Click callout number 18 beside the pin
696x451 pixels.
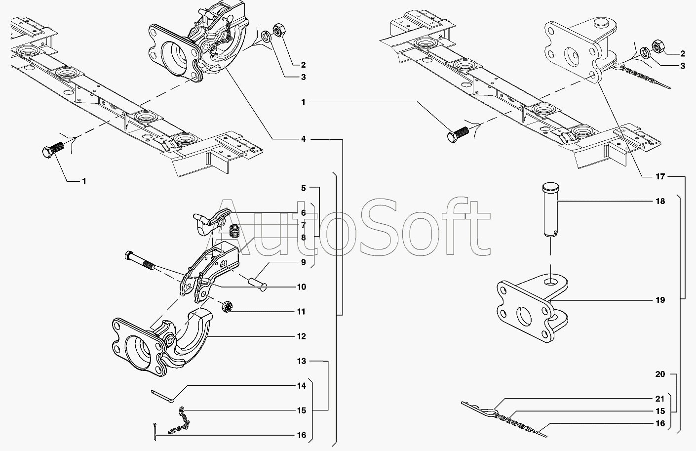(x=660, y=201)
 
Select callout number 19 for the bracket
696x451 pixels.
(x=660, y=300)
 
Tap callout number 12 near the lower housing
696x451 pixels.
(x=302, y=336)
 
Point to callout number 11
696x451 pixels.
(x=302, y=312)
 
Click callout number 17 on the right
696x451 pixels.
(x=660, y=176)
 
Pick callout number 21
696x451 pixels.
(x=660, y=398)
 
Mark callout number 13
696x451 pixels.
(x=302, y=361)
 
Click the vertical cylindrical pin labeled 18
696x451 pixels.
(x=550, y=210)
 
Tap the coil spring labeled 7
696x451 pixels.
(x=235, y=230)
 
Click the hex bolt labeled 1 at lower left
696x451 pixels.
(x=51, y=150)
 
